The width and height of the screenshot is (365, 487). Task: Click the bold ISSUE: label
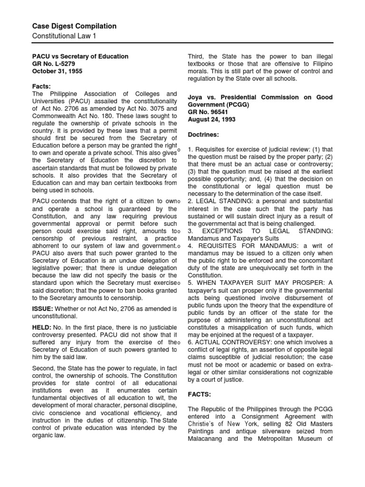[x=42, y=309]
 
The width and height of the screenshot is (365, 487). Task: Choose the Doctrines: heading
[x=205, y=135]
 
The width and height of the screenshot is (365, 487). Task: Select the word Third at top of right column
[x=197, y=56]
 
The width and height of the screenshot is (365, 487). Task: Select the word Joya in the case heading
[x=196, y=97]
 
